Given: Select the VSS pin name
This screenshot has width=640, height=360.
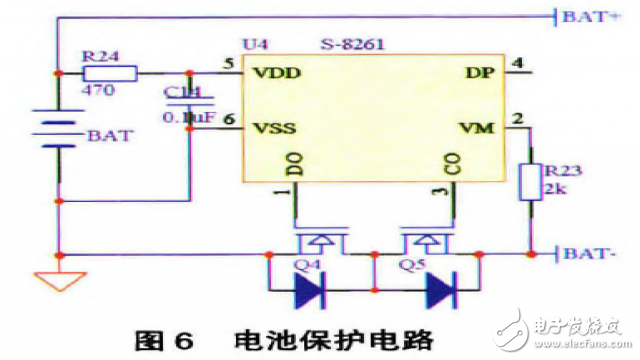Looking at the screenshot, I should tap(278, 128).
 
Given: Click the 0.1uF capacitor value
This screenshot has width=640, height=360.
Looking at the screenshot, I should tap(188, 118).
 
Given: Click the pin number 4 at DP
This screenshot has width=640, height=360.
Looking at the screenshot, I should tap(517, 64).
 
